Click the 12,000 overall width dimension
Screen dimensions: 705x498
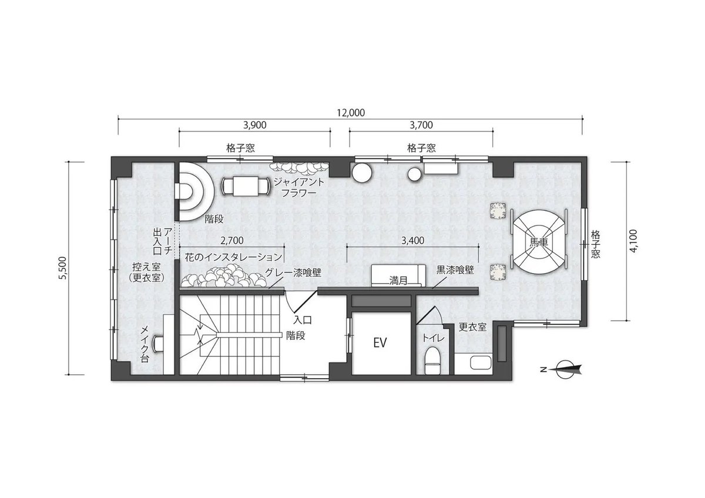[x=351, y=113]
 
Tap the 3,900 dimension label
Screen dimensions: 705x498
[x=254, y=125]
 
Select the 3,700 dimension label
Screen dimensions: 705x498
[x=421, y=125]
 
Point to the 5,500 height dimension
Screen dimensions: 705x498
[x=63, y=268]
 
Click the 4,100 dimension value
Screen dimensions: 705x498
[x=633, y=241]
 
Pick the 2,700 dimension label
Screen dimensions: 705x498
[x=232, y=241]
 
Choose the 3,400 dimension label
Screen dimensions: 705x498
[x=412, y=241]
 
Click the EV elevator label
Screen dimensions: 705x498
[x=380, y=342]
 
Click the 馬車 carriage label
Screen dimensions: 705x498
[x=539, y=242]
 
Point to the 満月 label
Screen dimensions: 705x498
[x=398, y=281]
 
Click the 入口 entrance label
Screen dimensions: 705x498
[x=303, y=321]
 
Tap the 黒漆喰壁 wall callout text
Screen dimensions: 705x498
[x=455, y=270]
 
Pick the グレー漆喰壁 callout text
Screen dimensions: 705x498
[x=293, y=272]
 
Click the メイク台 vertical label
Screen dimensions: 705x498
[x=144, y=344]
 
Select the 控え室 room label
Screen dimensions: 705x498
[x=146, y=267]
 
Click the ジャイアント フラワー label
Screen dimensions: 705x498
[x=298, y=187]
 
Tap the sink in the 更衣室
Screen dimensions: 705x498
[x=481, y=363]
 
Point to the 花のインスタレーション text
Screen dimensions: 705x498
[x=233, y=257]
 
